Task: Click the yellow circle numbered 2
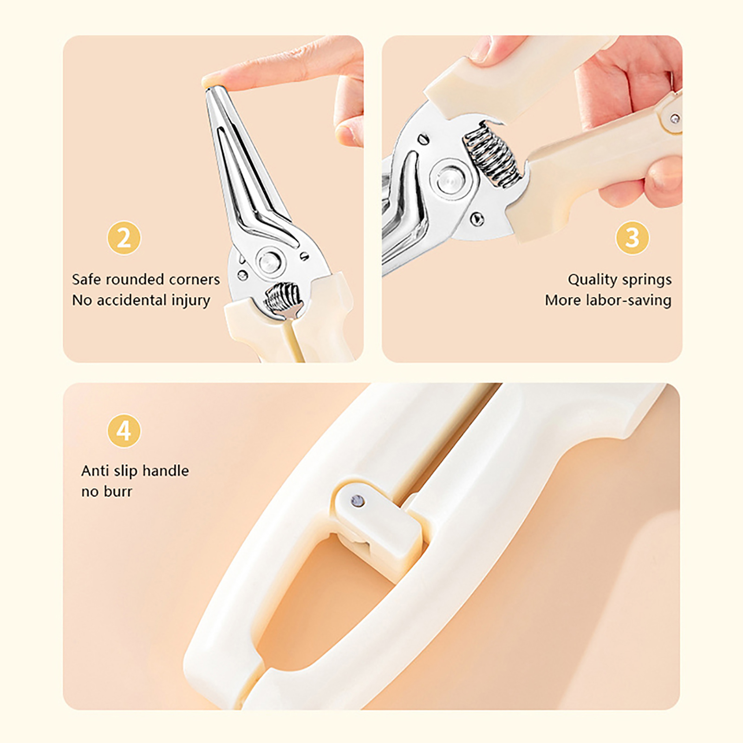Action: (x=124, y=238)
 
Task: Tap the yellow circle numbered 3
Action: (x=632, y=237)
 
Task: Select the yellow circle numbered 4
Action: (x=124, y=431)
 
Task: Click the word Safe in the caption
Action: (x=87, y=279)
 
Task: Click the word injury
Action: (x=191, y=300)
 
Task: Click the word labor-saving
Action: (x=629, y=300)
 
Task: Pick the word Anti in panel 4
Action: (x=95, y=471)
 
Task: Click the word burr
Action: (x=119, y=491)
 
